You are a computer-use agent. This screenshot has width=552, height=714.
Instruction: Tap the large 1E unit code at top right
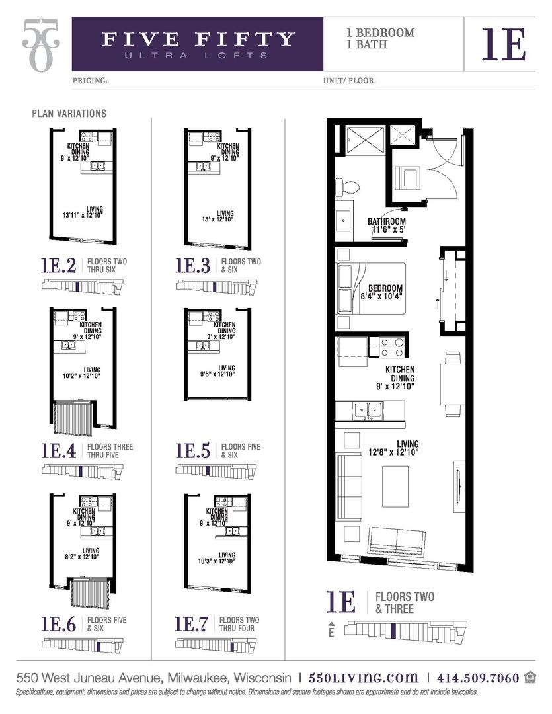[x=504, y=44]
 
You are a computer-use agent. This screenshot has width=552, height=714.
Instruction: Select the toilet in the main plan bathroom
[x=346, y=187]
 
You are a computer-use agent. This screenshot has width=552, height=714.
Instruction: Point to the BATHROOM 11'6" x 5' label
[x=387, y=227]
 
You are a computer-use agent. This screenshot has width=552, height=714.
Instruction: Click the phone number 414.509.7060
[x=477, y=678]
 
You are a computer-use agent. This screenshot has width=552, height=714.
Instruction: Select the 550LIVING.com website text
[x=364, y=678]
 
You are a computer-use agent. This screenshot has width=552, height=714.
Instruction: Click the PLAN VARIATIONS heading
[x=69, y=114]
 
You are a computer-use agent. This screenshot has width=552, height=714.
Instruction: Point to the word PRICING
[x=89, y=81]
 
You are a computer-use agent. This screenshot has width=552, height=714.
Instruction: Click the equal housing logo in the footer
[x=530, y=677]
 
